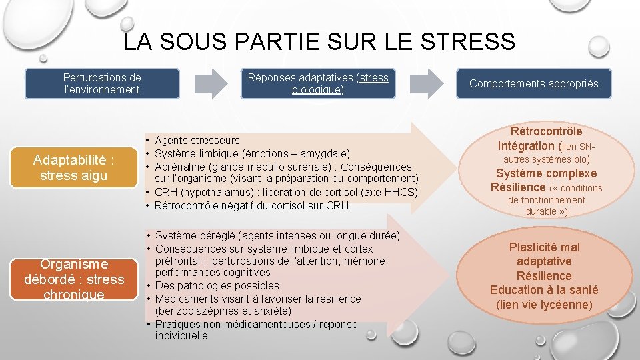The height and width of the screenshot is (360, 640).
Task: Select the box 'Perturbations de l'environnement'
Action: [102, 84]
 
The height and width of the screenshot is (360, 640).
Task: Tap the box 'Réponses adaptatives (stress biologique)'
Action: [317, 83]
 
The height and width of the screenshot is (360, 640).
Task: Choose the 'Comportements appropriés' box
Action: [533, 84]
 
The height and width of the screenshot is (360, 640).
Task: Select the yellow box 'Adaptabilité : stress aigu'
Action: [75, 168]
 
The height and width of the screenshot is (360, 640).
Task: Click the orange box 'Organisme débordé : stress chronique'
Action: [75, 279]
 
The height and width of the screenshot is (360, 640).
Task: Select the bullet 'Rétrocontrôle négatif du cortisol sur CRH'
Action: [251, 205]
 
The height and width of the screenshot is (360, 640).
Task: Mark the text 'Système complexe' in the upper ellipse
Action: [545, 173]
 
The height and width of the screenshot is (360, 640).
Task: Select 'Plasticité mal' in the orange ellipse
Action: [544, 247]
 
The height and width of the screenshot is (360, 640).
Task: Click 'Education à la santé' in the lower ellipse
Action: [544, 290]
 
